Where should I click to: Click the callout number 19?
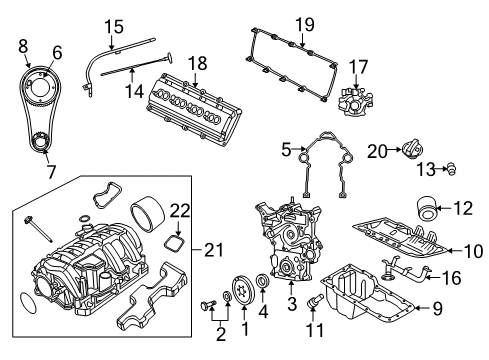304,24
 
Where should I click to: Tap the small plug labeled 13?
449,167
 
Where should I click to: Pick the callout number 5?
286,151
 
